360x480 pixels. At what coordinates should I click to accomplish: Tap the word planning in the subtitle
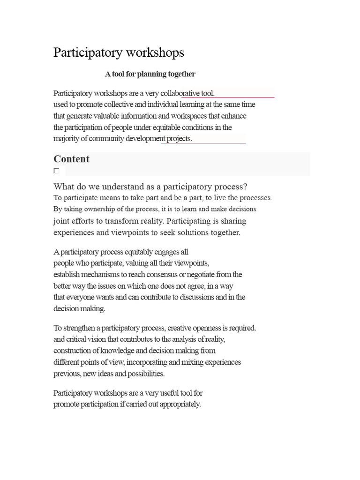click(148, 74)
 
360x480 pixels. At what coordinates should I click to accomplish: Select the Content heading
click(71, 159)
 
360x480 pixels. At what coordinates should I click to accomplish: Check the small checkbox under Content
click(56, 171)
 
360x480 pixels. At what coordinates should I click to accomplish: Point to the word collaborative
click(180, 93)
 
